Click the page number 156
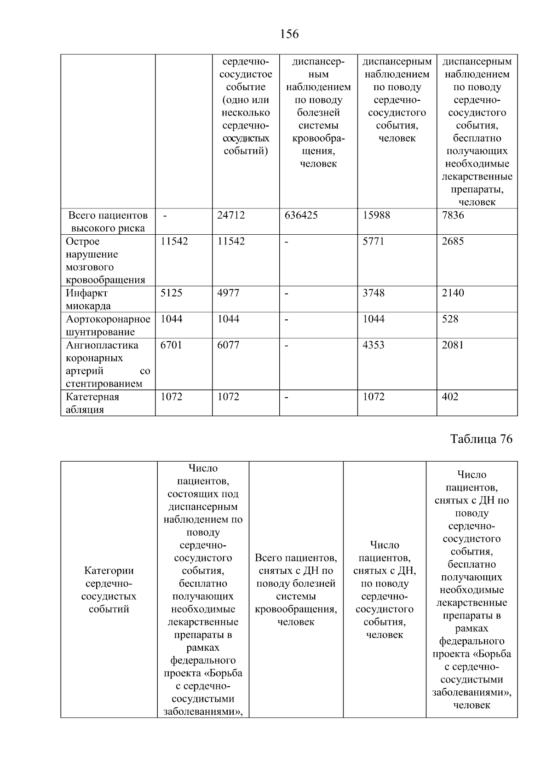tap(289, 34)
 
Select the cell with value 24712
tap(231, 215)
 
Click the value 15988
tap(376, 215)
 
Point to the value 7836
tap(453, 215)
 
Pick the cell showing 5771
tap(373, 242)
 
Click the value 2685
tap(453, 242)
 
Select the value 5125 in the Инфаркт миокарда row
tap(171, 293)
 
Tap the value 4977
tap(228, 293)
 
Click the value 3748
tap(373, 293)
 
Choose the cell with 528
tap(450, 319)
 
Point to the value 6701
tap(171, 345)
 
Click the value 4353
tap(373, 345)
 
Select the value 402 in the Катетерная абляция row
tap(450, 397)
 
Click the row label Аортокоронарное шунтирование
tap(108, 325)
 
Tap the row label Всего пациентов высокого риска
tap(108, 222)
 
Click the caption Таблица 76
tap(481, 439)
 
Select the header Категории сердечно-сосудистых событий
tap(109, 590)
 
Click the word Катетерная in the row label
tap(92, 397)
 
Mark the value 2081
tap(453, 345)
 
